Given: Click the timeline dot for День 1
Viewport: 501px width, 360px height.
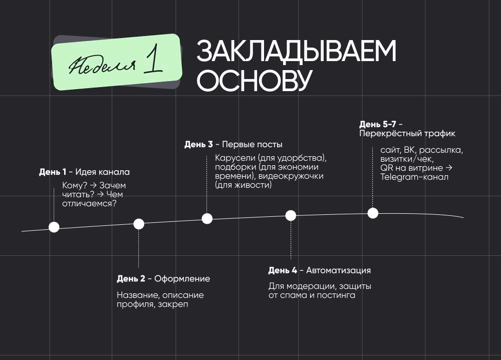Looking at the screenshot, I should [54, 227].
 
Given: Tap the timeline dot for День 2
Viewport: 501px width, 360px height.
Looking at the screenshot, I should [139, 224].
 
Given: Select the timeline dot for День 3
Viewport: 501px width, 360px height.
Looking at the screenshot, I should [207, 218].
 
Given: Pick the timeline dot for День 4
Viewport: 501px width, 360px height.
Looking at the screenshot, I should [291, 215].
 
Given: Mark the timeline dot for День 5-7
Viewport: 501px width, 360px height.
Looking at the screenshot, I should [373, 213].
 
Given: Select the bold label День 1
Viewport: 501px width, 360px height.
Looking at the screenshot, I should [53, 172].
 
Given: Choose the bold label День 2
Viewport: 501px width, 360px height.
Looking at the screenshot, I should [131, 279].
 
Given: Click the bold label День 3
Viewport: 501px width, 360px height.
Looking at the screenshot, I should [198, 145].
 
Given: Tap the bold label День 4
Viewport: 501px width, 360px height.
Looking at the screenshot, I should [282, 270].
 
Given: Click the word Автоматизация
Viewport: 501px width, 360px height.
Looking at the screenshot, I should [338, 270].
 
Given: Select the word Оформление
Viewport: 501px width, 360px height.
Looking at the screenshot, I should [182, 279].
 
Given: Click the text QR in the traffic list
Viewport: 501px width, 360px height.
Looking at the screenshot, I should [385, 168].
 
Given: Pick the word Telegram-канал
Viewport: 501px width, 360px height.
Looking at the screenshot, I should [414, 177].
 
